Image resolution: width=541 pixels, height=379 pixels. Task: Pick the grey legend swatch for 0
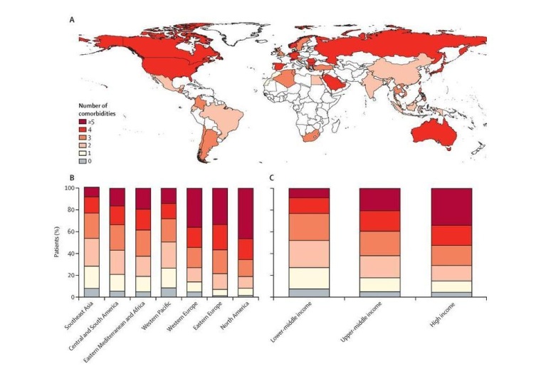pos(83,162)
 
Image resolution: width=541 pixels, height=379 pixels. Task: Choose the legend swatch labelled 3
pos(83,137)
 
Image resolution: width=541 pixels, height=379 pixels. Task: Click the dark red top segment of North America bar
pos(245,213)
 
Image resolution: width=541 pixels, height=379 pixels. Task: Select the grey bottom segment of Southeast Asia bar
pos(92,292)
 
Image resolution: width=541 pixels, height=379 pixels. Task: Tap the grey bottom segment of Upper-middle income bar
pos(379,294)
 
